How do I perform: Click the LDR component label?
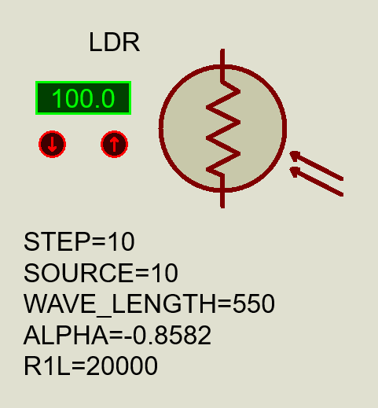[114, 42]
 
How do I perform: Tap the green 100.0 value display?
[83, 98]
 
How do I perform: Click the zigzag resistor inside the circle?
[223, 128]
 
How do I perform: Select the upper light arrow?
[316, 166]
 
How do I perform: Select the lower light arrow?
[316, 182]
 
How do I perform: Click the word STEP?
[57, 241]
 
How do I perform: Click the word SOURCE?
[79, 273]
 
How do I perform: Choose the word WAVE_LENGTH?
[119, 304]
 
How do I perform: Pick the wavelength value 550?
[253, 303]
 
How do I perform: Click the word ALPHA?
[66, 335]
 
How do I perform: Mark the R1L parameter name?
[47, 366]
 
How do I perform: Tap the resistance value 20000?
[122, 366]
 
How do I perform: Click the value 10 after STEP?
[121, 241]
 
